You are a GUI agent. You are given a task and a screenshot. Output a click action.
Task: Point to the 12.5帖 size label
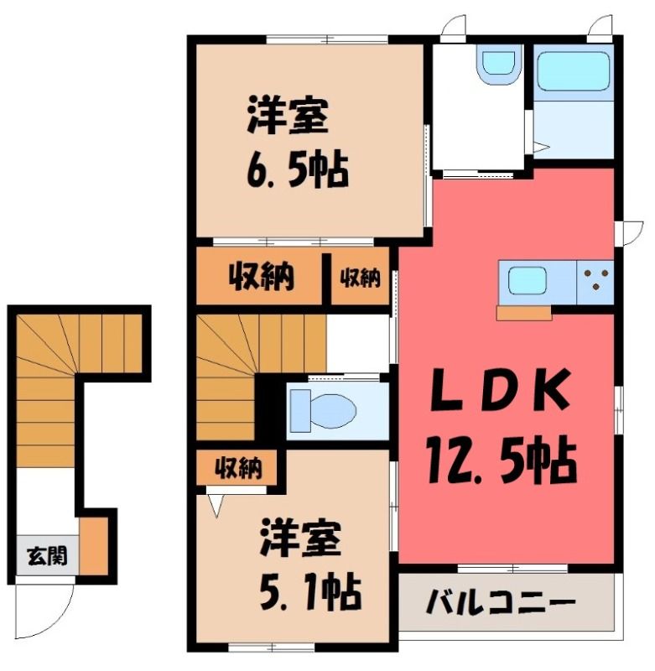(x=502, y=460)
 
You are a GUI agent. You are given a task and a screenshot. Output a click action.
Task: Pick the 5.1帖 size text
(x=310, y=592)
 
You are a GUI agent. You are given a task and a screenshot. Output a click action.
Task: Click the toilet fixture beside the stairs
(x=323, y=411)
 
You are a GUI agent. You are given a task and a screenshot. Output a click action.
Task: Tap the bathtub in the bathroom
(x=574, y=71)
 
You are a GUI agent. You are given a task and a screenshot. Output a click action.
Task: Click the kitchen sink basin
(x=527, y=281)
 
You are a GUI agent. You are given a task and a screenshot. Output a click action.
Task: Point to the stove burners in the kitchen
(x=595, y=280)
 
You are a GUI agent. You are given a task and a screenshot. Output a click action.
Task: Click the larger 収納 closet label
(x=261, y=276)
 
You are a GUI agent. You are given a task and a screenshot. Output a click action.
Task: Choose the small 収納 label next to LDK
(x=360, y=278)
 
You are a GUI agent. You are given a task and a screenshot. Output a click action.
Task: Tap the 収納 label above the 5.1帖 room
(x=238, y=468)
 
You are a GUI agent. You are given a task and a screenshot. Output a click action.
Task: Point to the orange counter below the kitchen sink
(x=524, y=312)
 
